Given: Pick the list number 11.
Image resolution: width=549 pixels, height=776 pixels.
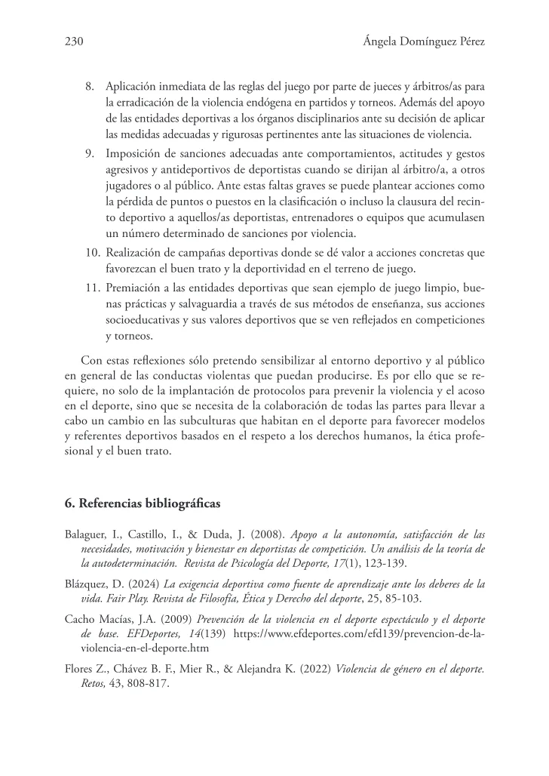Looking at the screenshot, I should [89, 287].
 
